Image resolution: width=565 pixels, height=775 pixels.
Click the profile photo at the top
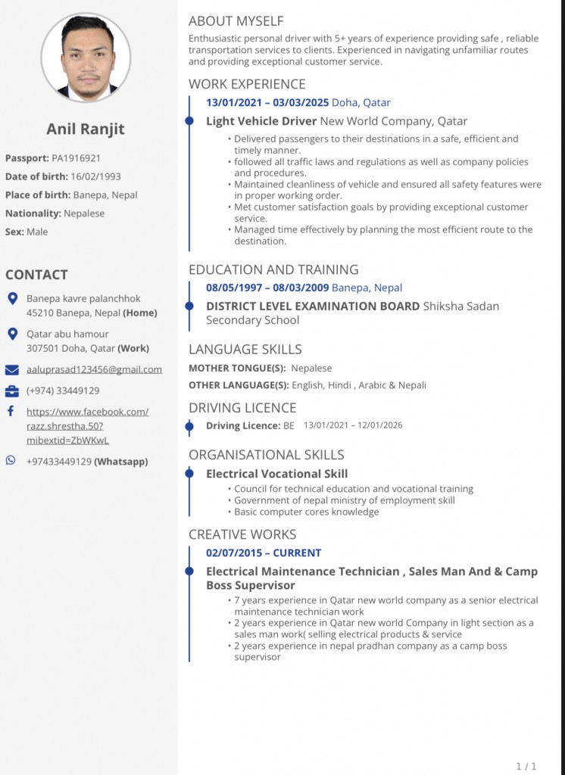tap(86, 58)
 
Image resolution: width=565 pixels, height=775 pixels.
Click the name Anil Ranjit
tap(86, 129)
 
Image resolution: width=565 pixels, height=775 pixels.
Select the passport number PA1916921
tap(76, 158)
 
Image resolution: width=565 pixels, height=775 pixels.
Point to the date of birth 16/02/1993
tap(95, 176)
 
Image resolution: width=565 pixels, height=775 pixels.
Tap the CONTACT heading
tap(36, 275)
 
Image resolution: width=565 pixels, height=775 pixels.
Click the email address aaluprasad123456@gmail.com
tap(94, 369)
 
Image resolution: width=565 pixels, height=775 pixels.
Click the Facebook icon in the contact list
tap(11, 411)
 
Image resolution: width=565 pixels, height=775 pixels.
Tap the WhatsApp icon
tap(11, 460)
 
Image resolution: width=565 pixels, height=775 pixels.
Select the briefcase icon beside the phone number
tap(12, 391)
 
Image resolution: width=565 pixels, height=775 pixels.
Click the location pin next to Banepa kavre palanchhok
tap(12, 299)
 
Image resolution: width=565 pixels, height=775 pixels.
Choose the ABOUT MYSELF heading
tap(236, 21)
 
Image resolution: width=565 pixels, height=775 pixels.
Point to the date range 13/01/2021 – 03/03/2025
tap(267, 102)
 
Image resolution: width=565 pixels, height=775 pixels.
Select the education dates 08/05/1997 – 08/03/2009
tap(267, 288)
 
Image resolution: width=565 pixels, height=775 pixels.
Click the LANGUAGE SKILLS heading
tap(245, 349)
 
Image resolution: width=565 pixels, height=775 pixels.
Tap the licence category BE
tap(289, 425)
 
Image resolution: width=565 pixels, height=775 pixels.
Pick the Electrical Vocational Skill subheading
tap(277, 474)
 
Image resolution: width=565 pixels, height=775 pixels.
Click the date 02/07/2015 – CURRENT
tap(264, 552)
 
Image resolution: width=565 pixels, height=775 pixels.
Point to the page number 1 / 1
tap(526, 766)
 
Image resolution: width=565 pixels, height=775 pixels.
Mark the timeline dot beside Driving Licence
tap(189, 426)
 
